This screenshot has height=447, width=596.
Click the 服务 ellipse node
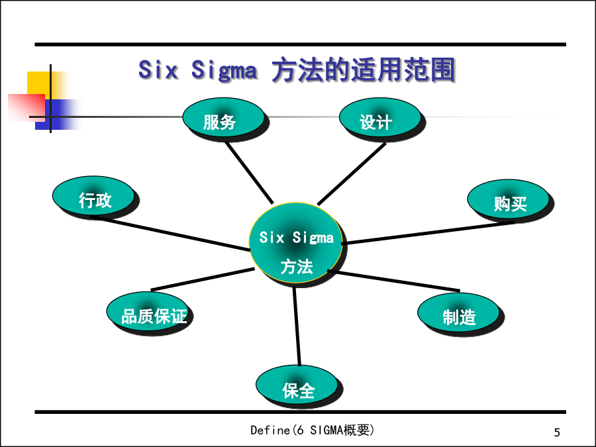tap(224, 117)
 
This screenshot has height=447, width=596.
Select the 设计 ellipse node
tap(380, 117)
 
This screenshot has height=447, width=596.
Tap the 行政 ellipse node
tap(93, 195)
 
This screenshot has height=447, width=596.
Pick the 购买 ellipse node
tap(508, 199)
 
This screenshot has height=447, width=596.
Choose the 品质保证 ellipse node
tap(148, 311)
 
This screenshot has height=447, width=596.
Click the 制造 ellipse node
tap(458, 313)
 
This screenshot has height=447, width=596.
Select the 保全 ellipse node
tap(297, 385)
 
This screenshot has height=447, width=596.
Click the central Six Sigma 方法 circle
tap(296, 243)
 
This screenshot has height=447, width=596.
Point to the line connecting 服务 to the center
tap(250, 173)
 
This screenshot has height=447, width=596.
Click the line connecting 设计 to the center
tap(352, 174)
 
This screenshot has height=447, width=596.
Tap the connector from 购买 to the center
tap(428, 232)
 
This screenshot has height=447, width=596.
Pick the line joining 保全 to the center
tap(297, 326)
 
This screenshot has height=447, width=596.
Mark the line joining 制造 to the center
tap(394, 281)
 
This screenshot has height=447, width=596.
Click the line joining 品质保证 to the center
tap(203, 279)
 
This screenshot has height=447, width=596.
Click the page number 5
tap(557, 432)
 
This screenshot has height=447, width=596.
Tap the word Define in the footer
tap(270, 430)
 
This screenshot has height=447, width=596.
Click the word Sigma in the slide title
tap(224, 70)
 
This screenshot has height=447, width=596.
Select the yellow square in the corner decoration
tap(39, 83)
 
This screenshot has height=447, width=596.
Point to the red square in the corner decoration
tap(26, 107)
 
